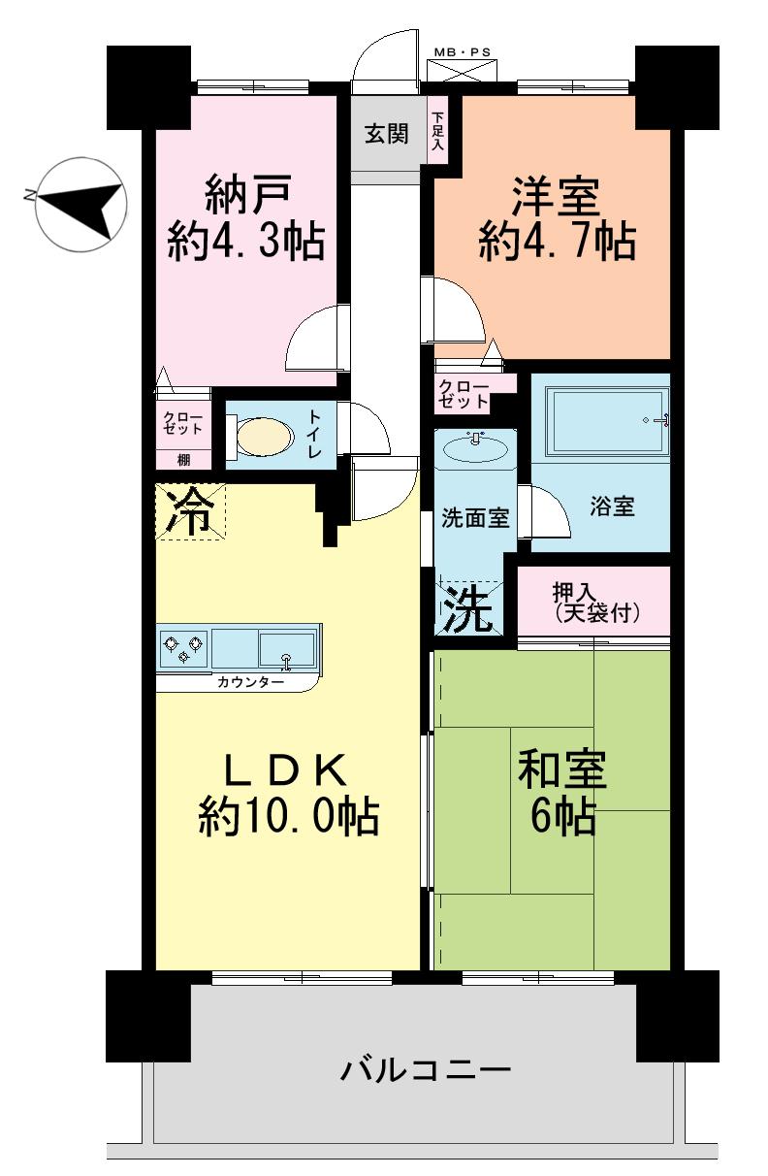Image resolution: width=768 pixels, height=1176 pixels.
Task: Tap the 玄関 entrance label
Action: click(x=386, y=135)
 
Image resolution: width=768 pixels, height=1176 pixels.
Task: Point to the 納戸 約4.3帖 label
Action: click(x=245, y=218)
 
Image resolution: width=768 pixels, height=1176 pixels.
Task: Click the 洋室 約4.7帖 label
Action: click(x=557, y=218)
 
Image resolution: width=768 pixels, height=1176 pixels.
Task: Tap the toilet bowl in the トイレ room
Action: click(x=265, y=436)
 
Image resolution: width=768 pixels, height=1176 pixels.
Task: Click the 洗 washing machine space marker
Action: click(x=468, y=611)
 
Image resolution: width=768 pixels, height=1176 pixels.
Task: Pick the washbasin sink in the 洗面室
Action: click(x=474, y=449)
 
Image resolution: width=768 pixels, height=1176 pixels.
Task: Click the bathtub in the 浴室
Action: click(x=607, y=419)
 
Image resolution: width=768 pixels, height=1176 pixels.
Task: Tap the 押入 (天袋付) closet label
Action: click(x=595, y=603)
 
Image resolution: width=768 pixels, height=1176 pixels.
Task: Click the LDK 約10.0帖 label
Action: click(x=288, y=796)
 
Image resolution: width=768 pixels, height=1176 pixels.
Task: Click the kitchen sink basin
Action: click(x=286, y=647)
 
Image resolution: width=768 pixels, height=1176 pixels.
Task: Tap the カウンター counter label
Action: click(x=250, y=682)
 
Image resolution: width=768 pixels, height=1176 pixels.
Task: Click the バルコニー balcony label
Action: click(x=425, y=1072)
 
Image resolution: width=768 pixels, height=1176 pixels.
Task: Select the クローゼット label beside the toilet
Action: click(x=183, y=423)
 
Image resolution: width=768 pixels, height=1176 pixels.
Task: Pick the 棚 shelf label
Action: click(x=183, y=460)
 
